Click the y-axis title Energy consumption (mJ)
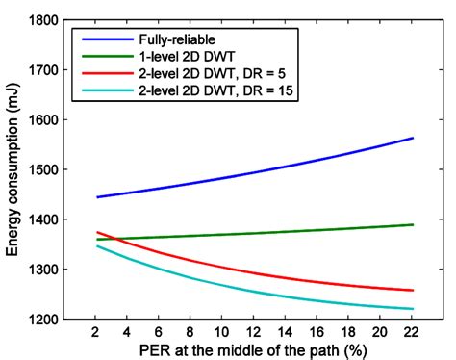coord(13,169)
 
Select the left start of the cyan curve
coord(98,245)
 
